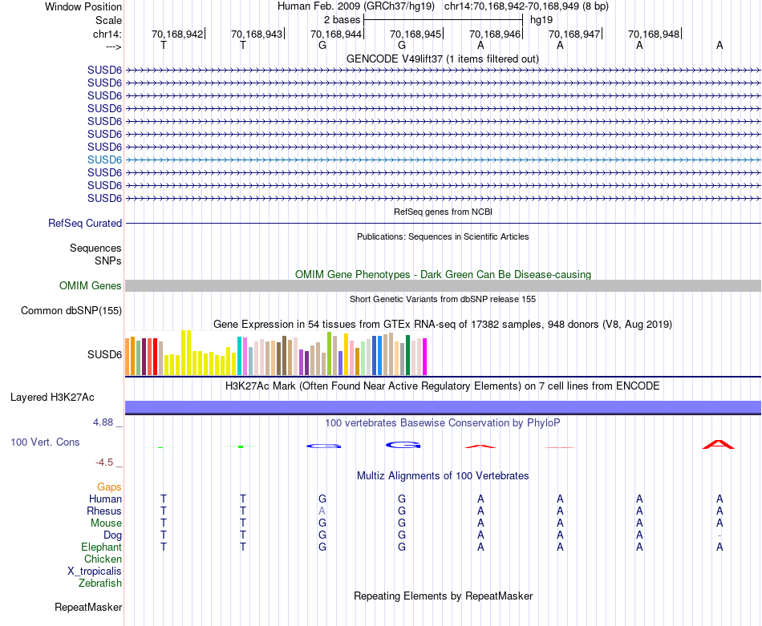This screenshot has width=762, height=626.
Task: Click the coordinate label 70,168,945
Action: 415,34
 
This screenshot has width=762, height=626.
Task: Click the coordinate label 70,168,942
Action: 177,34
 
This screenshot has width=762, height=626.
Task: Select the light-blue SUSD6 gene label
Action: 105,160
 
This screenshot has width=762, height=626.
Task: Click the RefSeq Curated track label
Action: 85,224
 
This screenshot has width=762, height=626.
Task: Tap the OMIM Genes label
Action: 91,286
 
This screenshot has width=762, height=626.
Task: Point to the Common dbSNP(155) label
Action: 71,311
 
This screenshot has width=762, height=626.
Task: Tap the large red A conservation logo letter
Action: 719,444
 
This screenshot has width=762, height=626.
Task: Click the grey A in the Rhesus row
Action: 322,511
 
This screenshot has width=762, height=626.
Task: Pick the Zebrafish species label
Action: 100,584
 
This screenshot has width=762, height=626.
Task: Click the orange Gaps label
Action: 109,487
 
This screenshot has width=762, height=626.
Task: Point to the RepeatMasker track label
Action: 88,608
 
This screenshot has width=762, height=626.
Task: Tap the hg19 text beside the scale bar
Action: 541,19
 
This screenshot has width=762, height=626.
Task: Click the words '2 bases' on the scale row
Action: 342,19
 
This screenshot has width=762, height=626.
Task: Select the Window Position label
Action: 83,6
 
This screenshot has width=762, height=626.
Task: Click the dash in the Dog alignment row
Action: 719,535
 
